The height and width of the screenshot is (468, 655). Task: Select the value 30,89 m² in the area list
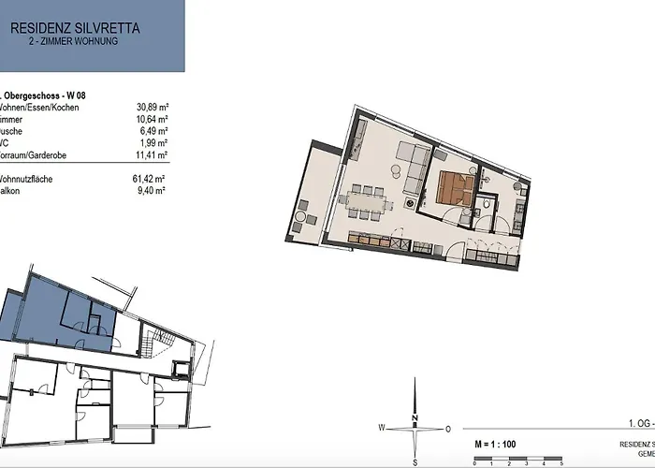tap(152, 108)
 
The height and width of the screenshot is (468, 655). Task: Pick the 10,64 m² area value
tap(152, 120)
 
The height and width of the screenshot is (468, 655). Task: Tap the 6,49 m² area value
tap(153, 132)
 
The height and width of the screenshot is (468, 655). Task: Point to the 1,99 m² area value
tap(153, 143)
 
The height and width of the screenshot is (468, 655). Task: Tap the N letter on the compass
tap(415, 418)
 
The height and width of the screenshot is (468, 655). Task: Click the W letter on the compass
tap(383, 428)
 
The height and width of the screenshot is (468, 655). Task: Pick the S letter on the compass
tap(415, 462)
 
